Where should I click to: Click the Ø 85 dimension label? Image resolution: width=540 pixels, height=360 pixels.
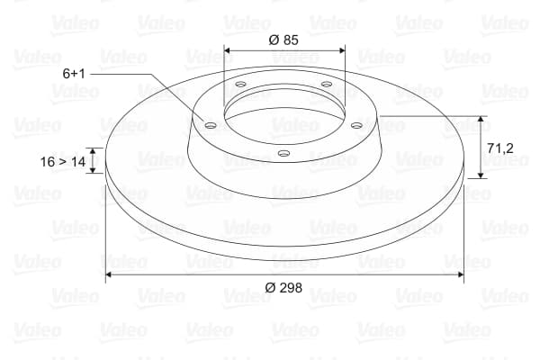(x=283, y=40)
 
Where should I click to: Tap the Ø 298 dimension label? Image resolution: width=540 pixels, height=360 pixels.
(x=283, y=288)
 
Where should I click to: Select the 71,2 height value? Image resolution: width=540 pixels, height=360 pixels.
(x=500, y=148)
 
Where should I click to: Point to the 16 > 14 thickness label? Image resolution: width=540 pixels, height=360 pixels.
(x=63, y=162)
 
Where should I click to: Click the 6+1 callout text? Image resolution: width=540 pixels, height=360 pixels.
(x=74, y=74)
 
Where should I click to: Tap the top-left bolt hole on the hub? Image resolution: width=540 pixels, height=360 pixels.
(x=240, y=84)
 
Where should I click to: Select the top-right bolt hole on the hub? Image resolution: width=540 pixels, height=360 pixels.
(x=326, y=84)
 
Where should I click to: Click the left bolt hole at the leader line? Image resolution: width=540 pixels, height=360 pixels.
(x=210, y=125)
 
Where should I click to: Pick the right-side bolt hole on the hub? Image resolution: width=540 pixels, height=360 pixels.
(x=356, y=125)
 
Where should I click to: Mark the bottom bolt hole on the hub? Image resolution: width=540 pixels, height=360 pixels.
(x=283, y=153)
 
